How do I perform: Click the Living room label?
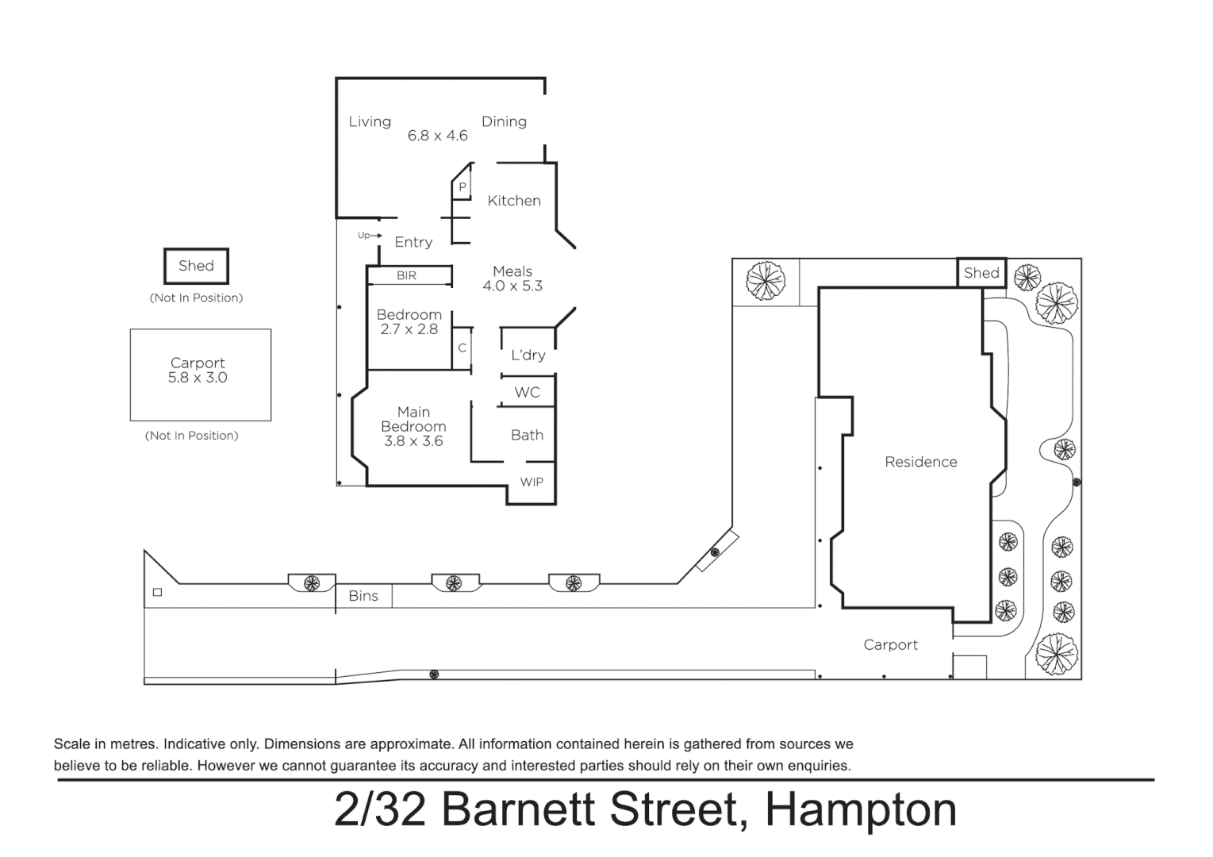point(370,121)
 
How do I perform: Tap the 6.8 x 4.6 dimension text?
point(437,136)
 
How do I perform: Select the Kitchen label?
point(514,201)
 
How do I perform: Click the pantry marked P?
point(462,187)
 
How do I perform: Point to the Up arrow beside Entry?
point(370,236)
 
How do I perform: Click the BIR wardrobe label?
point(406,275)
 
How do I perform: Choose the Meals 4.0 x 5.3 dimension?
point(512,286)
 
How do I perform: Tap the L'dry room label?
point(528,355)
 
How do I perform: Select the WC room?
point(527,392)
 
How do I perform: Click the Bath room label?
point(527,435)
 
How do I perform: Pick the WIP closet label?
point(532,482)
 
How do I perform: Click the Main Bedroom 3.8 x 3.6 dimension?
point(413,441)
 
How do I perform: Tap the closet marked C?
point(462,348)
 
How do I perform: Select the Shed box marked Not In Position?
point(196,266)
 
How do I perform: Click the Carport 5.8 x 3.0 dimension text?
point(198,379)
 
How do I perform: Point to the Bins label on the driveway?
point(363,596)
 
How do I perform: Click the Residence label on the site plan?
point(920,462)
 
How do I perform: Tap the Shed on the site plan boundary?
point(981,273)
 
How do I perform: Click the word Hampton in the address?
point(861,809)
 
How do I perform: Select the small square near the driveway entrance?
point(157,592)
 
